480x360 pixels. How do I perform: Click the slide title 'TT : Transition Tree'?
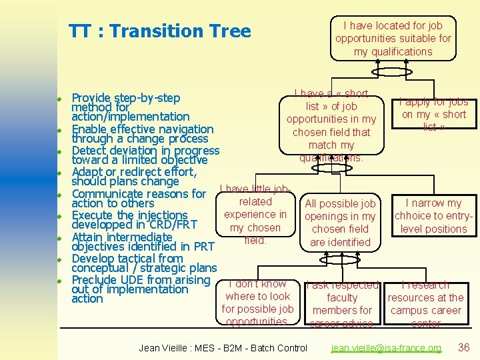tap(160, 31)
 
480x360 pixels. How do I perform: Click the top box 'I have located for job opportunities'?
tap(393, 39)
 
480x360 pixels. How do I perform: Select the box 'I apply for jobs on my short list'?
tap(433, 114)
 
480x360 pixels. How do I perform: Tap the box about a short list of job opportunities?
tap(331, 125)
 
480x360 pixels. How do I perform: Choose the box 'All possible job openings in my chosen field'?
tap(340, 223)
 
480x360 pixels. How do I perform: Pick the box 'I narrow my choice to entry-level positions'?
tap(433, 215)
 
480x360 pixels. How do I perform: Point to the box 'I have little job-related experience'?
tap(255, 214)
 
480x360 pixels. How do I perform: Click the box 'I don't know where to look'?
tap(257, 303)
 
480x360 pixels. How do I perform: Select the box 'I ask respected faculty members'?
tap(342, 304)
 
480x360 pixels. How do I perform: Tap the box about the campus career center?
tap(426, 304)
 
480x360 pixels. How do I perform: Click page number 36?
tap(464, 347)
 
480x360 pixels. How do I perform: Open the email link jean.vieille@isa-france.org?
tap(386, 348)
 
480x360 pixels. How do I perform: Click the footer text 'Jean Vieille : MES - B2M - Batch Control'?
tap(223, 348)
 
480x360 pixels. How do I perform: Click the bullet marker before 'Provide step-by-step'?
tap(59, 99)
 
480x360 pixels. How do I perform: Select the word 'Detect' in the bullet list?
tap(91, 151)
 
